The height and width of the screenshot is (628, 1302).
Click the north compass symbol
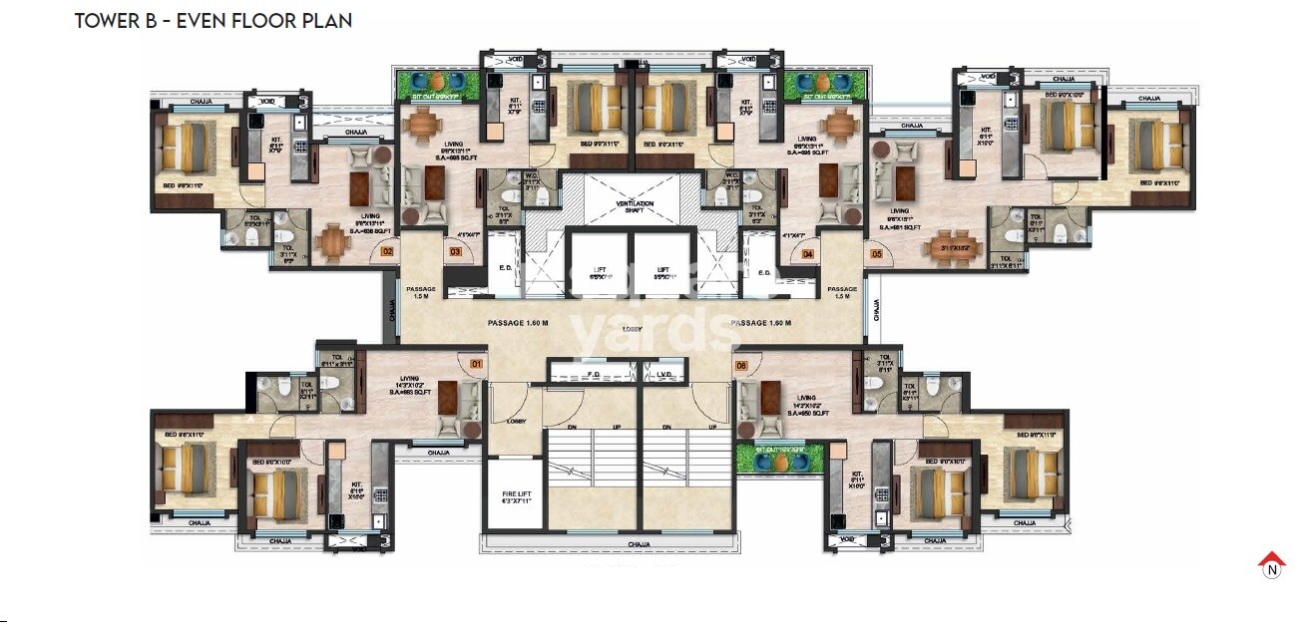coord(1271,564)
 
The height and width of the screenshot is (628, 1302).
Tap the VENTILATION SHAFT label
coord(633,206)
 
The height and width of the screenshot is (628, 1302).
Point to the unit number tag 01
coord(477,365)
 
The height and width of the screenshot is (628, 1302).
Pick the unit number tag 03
coord(455,253)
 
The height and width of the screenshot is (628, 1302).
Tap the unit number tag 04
coord(808,253)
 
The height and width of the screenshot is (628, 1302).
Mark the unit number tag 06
coord(741,365)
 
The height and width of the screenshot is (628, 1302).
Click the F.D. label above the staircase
coord(595,375)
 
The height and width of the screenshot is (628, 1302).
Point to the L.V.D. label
coord(666,375)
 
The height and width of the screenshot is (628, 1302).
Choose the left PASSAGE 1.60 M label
coord(518,323)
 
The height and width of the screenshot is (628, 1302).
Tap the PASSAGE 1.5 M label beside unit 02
coord(421,292)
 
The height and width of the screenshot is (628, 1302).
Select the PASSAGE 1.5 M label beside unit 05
coord(842,292)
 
